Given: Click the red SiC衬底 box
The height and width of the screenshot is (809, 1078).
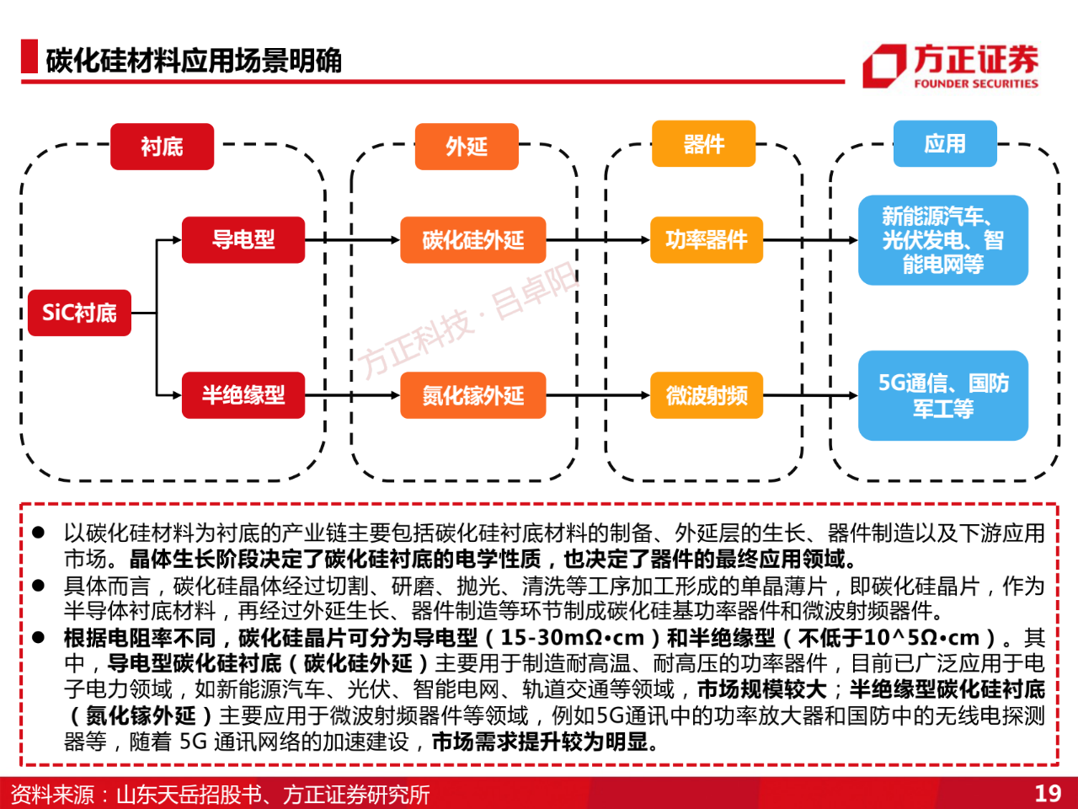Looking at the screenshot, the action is coord(79,313).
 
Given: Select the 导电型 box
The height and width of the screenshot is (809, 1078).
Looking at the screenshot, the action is coord(243,239).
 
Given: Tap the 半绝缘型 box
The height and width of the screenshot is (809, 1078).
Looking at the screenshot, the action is coord(243,395).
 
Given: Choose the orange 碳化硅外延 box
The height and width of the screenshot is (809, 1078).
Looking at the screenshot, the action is coord(473,239).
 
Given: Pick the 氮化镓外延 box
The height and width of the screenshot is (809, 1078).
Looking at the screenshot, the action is coord(473,395).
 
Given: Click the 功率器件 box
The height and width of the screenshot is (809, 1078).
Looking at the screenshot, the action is coord(707,239).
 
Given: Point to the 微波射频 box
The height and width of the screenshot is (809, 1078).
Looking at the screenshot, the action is coord(707,395).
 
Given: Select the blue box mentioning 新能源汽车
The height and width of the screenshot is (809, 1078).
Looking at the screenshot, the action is coord(943,240).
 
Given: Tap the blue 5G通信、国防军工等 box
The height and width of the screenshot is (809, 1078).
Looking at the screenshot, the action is coord(943,395).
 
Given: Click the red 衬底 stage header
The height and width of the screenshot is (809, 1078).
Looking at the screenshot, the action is coord(162,147).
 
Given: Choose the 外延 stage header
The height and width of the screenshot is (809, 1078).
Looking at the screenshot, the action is coord(467,147).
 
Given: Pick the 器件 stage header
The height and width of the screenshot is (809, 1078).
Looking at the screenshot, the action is coord(703,143).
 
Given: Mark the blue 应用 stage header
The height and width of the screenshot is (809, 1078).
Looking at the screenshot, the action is coord(945,143).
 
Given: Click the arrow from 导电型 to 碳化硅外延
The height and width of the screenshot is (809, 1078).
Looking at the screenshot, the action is coord(353,239).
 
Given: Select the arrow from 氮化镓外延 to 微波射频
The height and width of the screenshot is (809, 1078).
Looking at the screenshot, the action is coord(598,395).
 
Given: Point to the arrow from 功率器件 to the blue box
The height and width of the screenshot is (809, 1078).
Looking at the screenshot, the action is coord(810,239).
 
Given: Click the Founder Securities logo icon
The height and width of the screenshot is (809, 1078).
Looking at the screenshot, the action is coord(884,67).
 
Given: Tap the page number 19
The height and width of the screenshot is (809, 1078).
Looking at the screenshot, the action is coord(1048,793).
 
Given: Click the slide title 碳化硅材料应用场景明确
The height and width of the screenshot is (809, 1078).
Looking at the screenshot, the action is coord(194,61).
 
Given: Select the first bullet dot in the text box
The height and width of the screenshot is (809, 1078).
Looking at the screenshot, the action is coord(38,533).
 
